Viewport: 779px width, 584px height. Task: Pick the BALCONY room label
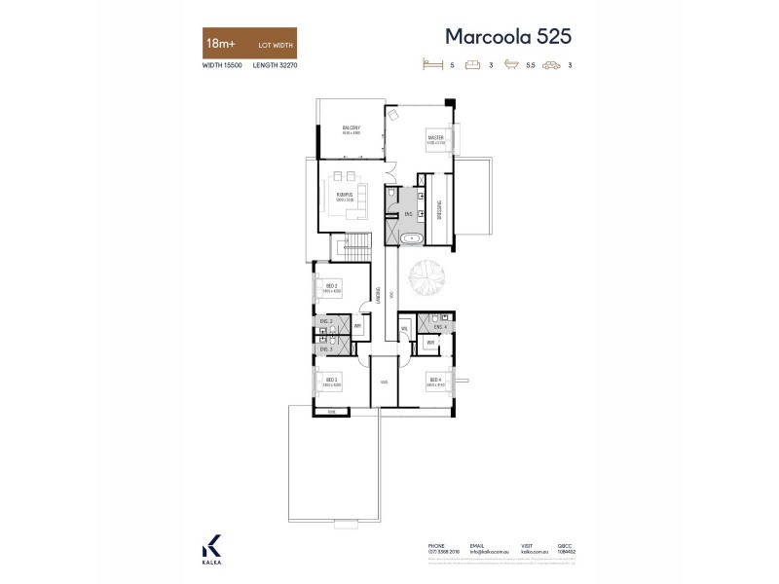point(352,128)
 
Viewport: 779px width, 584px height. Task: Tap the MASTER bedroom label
point(435,138)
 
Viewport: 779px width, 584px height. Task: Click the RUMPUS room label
point(344,194)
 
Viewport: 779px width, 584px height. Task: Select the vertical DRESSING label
point(439,209)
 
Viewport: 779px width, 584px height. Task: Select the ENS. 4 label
point(439,326)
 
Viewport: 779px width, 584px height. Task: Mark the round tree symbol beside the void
point(427,281)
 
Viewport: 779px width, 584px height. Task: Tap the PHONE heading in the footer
point(435,546)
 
